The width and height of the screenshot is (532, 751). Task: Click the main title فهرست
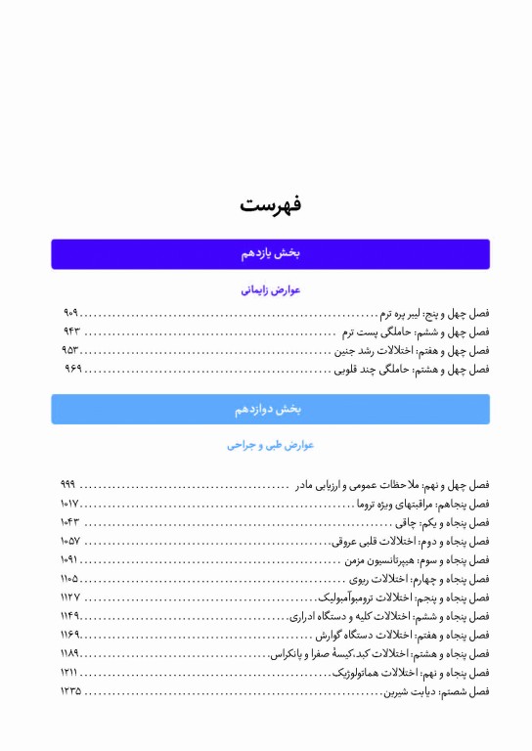coord(271,204)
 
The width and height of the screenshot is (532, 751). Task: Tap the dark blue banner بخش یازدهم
coord(270,253)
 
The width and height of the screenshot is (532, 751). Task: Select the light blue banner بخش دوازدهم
coord(270,409)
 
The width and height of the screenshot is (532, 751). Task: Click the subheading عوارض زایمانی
coord(271,290)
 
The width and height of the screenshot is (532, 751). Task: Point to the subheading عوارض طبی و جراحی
coord(271,445)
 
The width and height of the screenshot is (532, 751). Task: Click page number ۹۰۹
coord(70,314)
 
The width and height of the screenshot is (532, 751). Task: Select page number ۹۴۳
coord(70,331)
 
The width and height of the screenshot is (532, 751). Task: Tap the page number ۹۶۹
coord(72,369)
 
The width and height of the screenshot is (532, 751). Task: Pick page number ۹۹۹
coord(67,485)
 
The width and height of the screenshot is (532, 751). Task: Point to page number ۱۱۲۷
coord(69,596)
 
